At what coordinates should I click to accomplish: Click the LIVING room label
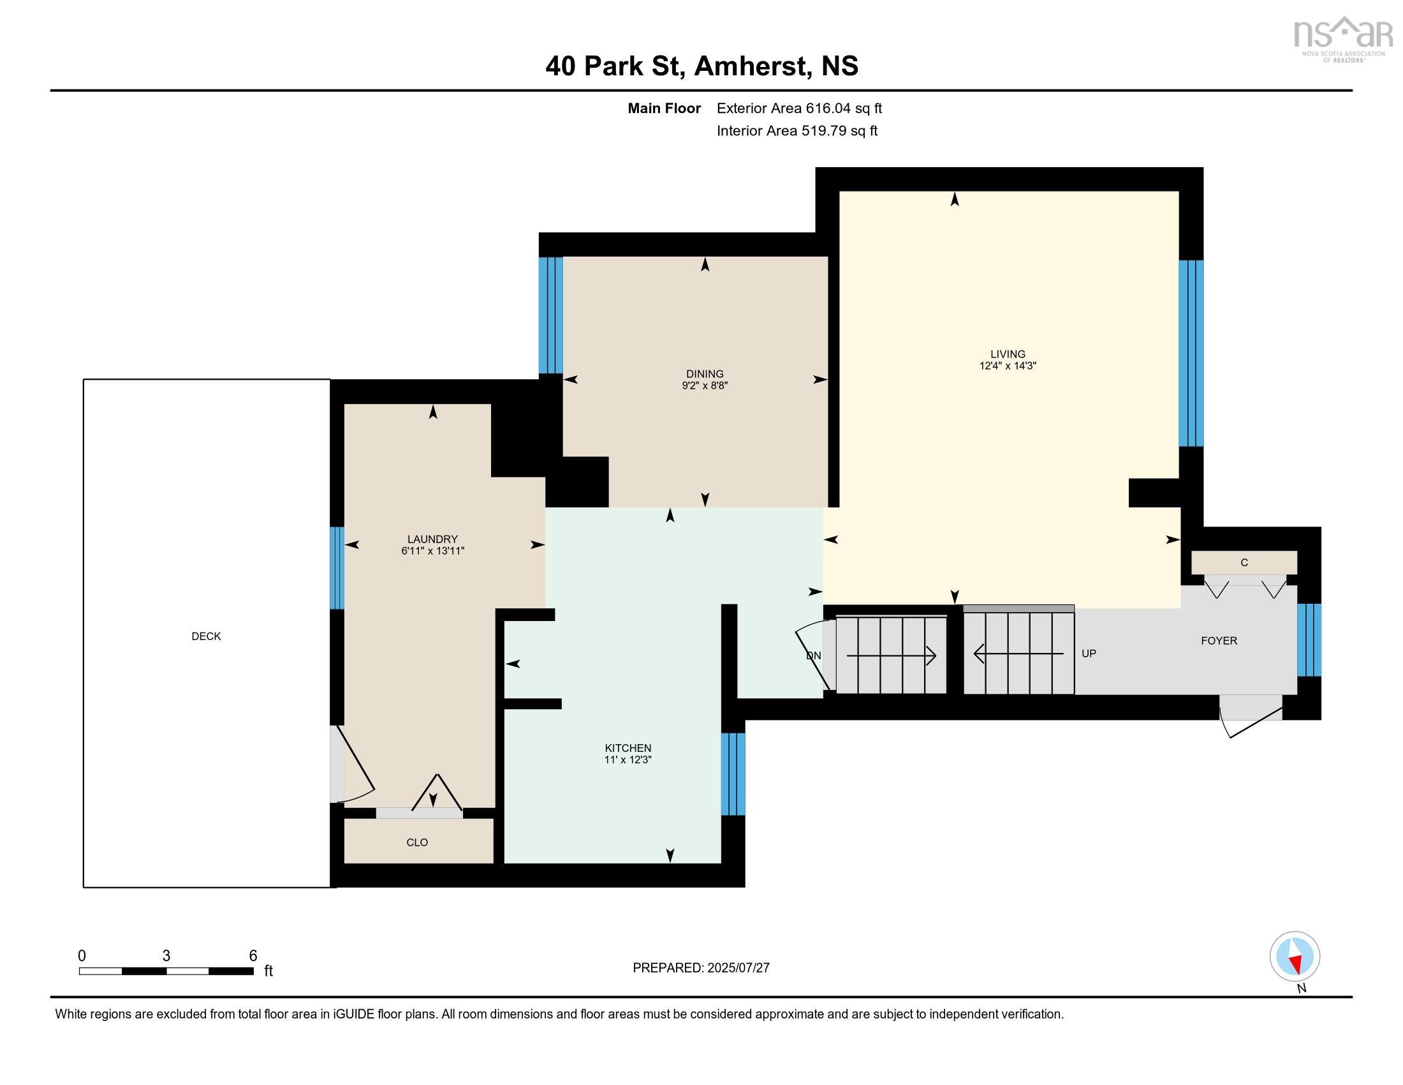coord(1007,354)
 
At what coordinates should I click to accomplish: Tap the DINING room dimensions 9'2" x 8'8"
coord(705,385)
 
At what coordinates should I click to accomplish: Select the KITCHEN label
coord(628,747)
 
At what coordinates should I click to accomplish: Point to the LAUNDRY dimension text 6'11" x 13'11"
coord(432,551)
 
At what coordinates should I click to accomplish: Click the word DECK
coord(206,636)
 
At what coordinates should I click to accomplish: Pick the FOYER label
coord(1219,641)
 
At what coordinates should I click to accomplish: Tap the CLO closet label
coord(417,842)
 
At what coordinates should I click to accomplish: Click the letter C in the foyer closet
coord(1244,563)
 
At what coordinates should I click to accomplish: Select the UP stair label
coord(1089,654)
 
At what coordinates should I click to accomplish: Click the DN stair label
coord(813,655)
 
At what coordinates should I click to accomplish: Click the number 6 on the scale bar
coord(253,956)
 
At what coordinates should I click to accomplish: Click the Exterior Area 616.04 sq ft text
coord(799,108)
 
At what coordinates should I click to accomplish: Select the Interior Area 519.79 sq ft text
coord(797,131)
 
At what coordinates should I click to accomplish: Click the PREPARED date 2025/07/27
coord(738,968)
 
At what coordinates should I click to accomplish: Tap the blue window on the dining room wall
coord(550,315)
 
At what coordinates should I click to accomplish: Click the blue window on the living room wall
coord(1191,353)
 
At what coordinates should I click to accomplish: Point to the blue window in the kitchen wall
coord(733,774)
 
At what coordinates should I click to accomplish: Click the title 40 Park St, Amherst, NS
coord(701,66)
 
